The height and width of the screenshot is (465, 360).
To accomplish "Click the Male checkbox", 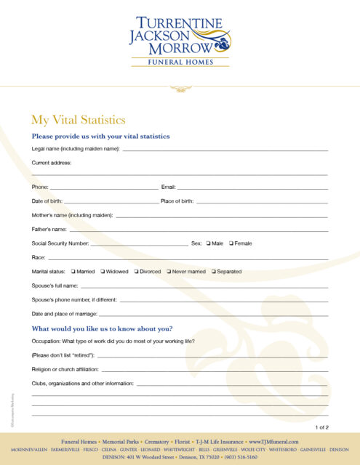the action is click(x=209, y=243).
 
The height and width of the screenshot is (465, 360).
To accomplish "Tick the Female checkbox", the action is click(x=231, y=243).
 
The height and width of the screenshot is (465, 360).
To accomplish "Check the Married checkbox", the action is click(x=73, y=272).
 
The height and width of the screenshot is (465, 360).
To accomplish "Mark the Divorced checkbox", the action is click(x=136, y=272).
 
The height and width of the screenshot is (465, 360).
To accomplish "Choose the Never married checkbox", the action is click(x=169, y=272).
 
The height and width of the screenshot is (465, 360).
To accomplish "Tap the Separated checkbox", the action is click(x=214, y=272).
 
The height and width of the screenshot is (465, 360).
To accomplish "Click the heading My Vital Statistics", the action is click(x=79, y=120).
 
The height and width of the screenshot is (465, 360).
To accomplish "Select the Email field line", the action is click(x=252, y=188).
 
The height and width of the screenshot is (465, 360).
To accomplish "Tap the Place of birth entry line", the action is click(x=262, y=202).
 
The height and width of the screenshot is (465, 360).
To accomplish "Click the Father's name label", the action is click(x=49, y=230).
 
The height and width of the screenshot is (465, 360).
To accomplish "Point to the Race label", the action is click(x=39, y=258).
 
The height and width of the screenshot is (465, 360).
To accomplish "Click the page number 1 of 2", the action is click(x=321, y=427).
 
